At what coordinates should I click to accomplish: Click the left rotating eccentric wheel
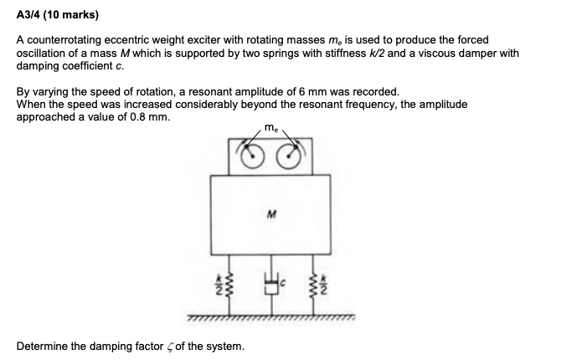[250, 156]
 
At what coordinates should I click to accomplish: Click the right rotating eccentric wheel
[289, 156]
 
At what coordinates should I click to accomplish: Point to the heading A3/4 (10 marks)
[56, 14]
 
